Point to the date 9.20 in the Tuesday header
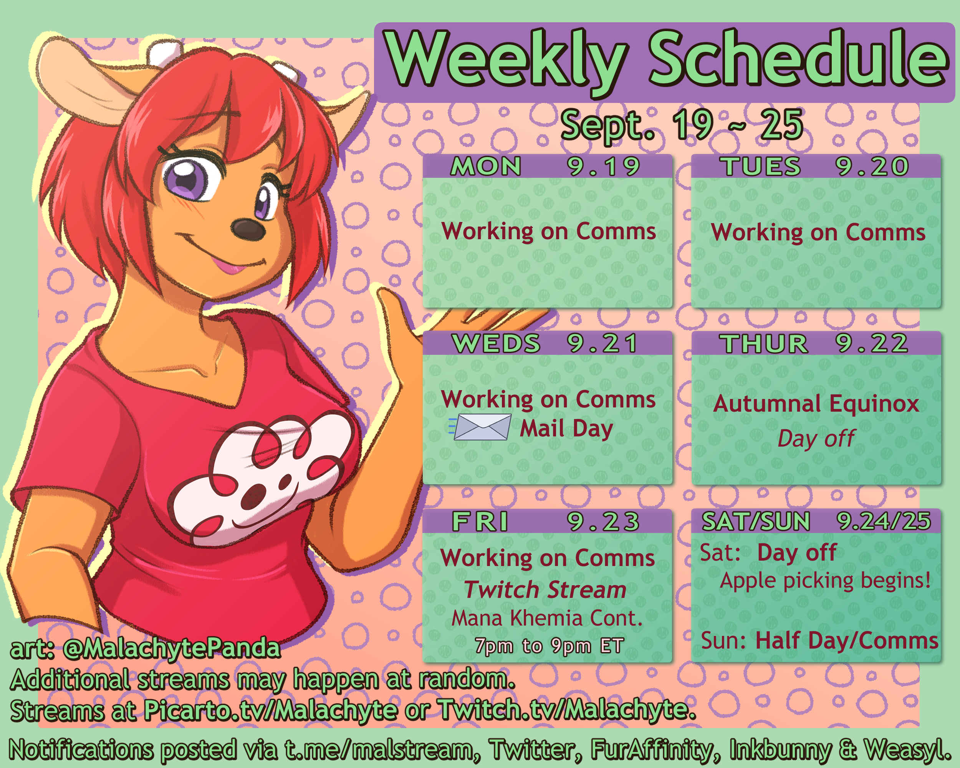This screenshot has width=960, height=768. pyautogui.click(x=872, y=167)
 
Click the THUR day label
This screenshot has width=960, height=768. pyautogui.click(x=765, y=344)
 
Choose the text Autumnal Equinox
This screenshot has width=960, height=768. pyautogui.click(x=816, y=404)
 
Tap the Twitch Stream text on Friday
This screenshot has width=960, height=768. pyautogui.click(x=545, y=589)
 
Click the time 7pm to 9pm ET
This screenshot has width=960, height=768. pyautogui.click(x=549, y=646)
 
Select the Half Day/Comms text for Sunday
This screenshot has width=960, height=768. pyautogui.click(x=847, y=641)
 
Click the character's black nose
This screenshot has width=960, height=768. pyautogui.click(x=248, y=229)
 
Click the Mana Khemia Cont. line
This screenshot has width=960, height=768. pyautogui.click(x=547, y=618)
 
